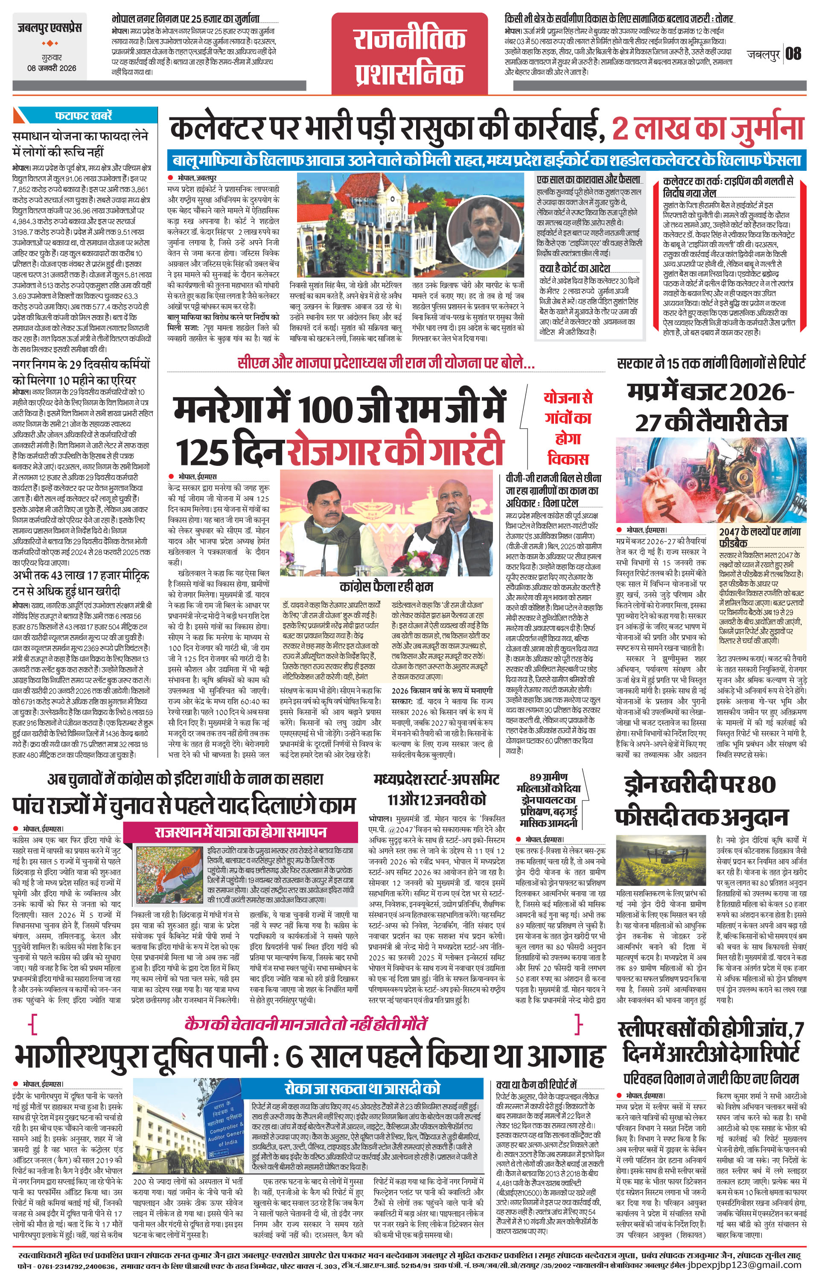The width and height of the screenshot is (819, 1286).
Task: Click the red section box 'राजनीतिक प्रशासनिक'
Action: [x=410, y=55]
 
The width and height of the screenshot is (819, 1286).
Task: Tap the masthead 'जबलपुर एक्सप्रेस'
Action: [x=49, y=28]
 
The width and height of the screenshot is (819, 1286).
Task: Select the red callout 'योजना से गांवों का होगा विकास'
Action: [x=567, y=428]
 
